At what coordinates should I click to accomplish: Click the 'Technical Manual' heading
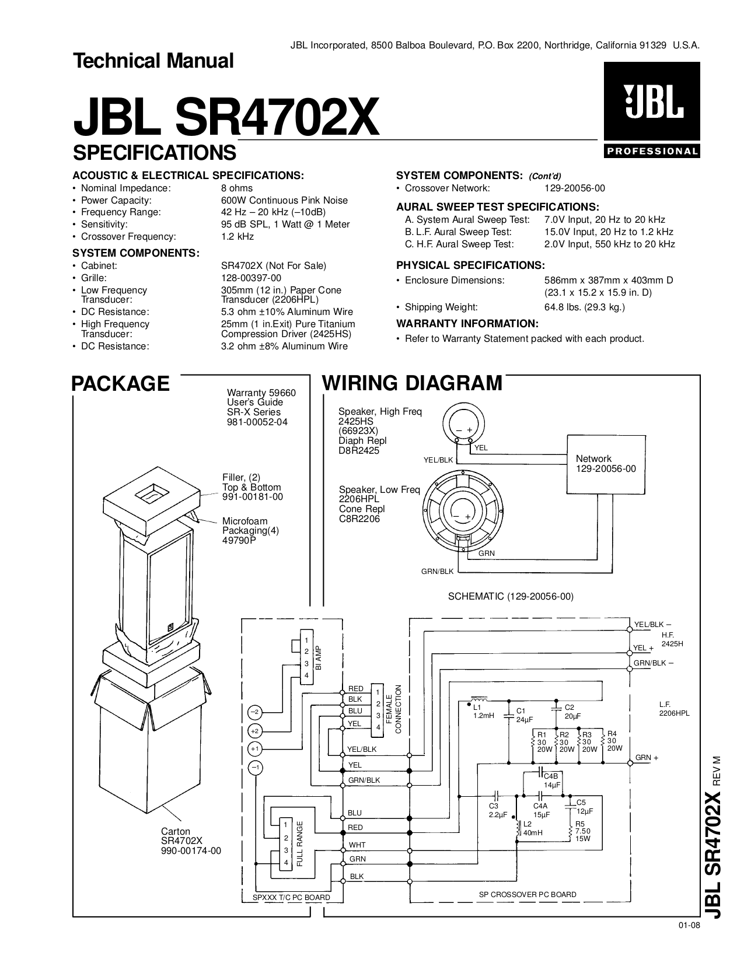[153, 61]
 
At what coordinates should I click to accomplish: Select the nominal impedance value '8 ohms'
[237, 188]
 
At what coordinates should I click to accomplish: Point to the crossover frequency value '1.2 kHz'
[237, 237]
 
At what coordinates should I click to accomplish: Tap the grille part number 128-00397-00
[251, 278]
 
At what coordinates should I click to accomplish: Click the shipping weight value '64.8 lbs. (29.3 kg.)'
[584, 307]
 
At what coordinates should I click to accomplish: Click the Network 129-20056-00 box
[605, 464]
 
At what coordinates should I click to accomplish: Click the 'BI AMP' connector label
[319, 657]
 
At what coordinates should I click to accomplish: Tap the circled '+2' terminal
[254, 730]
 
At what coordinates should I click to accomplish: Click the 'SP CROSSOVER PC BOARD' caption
[528, 894]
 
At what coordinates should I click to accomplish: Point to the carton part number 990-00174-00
[191, 851]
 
